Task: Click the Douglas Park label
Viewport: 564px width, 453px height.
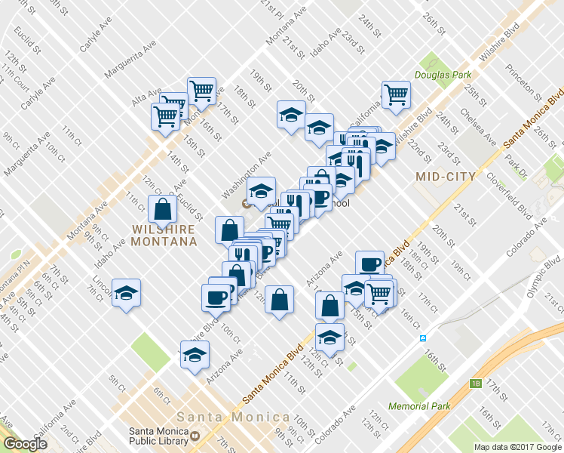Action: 442,75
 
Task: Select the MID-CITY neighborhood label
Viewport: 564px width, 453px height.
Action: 446,177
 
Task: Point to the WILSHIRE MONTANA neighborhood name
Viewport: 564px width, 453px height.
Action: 163,235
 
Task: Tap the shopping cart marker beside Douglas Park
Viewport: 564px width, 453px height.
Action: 396,95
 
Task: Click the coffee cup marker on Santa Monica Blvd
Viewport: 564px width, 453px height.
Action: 369,264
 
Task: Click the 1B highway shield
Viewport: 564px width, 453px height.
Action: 475,384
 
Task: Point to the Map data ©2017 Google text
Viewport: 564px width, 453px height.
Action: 516,447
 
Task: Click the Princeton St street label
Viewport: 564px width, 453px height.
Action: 520,77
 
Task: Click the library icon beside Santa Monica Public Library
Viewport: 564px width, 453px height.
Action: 195,436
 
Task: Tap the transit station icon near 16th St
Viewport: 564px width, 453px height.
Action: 423,338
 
